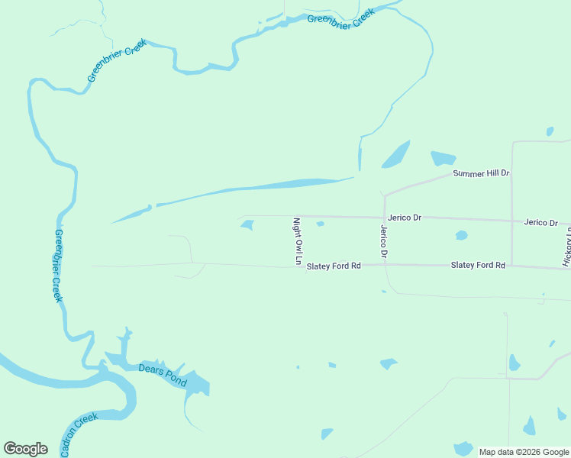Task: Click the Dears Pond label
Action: (x=162, y=373)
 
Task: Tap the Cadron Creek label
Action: (x=79, y=434)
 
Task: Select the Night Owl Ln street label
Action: (x=298, y=241)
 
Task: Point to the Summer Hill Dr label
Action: (x=481, y=173)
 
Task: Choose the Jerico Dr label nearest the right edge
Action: (x=540, y=222)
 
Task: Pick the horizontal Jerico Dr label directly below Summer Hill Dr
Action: (x=405, y=218)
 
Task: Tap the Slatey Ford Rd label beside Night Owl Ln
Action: (x=333, y=266)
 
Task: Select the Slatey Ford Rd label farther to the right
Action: (x=478, y=265)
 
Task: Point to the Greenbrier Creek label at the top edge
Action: (x=340, y=19)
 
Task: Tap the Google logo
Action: (x=25, y=448)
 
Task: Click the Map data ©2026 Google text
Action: (x=524, y=452)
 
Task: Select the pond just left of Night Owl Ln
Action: (x=247, y=224)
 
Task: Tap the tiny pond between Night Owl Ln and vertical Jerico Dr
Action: (x=320, y=224)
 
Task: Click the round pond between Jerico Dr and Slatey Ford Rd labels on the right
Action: (x=461, y=235)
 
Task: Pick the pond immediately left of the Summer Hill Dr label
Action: (x=442, y=159)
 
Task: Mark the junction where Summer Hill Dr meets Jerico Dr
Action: (x=385, y=195)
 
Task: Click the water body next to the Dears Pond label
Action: (x=195, y=382)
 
